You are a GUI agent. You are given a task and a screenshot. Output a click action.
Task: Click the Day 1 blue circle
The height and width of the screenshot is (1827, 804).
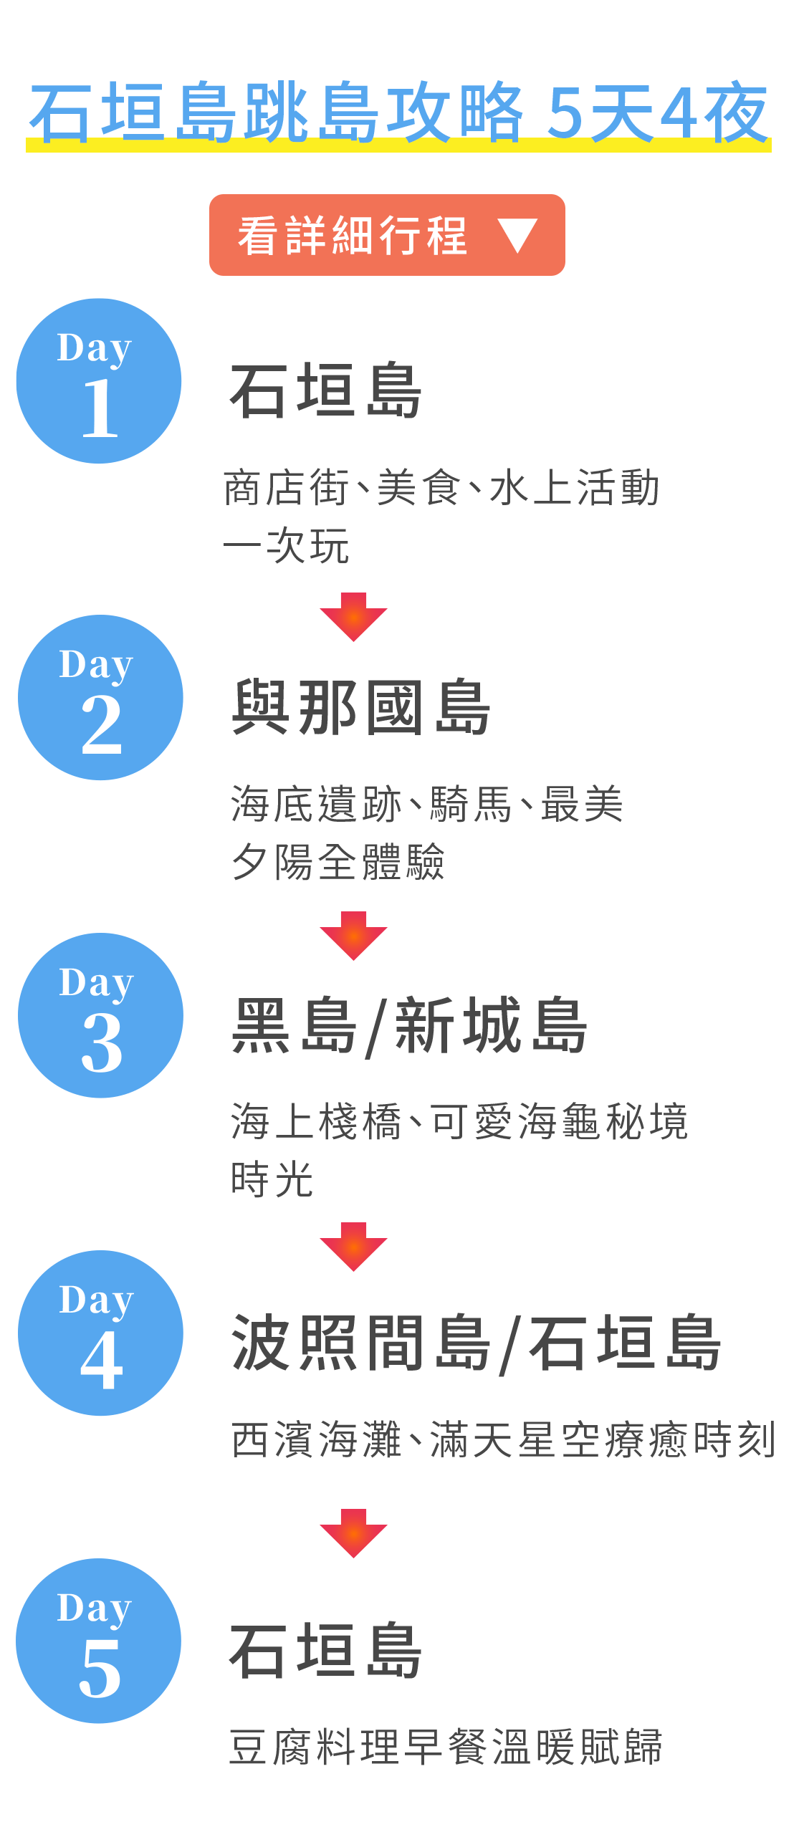[x=99, y=381]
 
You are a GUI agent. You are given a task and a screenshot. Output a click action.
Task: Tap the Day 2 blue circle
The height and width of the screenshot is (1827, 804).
[x=100, y=698]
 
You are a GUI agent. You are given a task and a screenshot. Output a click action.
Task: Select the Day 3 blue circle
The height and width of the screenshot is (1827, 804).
[x=100, y=1016]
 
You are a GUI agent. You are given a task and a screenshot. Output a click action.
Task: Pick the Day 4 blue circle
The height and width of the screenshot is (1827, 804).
[x=100, y=1333]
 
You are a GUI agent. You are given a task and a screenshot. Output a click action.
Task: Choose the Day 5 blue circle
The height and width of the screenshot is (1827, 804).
[x=99, y=1641]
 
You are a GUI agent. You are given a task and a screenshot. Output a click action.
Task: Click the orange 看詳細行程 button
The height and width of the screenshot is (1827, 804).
[x=387, y=235]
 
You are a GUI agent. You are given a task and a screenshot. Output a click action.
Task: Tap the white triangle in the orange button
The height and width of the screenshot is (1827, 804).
[x=517, y=235]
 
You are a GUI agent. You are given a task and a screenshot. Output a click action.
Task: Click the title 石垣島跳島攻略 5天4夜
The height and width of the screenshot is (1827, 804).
[x=399, y=113]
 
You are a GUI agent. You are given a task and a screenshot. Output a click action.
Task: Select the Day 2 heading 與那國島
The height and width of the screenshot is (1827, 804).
[x=360, y=708]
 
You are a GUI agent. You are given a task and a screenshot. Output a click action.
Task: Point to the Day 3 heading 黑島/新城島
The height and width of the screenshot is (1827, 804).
[x=409, y=1026]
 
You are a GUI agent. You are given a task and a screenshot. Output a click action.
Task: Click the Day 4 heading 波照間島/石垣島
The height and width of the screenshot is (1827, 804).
[x=476, y=1344]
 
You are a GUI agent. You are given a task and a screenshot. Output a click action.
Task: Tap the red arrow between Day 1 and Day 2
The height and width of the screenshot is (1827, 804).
[x=353, y=616]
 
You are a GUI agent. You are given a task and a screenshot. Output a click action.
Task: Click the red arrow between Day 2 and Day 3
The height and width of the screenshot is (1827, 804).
[x=353, y=935]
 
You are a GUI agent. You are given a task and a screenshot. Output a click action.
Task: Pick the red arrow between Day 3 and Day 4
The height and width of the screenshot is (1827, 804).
[x=353, y=1247]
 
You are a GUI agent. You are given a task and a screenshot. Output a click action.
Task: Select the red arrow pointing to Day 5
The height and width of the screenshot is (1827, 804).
[x=353, y=1533]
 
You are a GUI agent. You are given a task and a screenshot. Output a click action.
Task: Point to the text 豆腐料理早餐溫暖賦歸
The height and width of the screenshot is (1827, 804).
[x=446, y=1747]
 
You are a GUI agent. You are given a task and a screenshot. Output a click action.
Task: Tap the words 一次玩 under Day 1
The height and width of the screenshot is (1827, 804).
[x=287, y=546]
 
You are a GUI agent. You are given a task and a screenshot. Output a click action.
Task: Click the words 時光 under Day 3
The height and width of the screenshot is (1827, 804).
[x=272, y=1179]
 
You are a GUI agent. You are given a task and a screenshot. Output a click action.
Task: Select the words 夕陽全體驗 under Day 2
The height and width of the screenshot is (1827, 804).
[x=338, y=861]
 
